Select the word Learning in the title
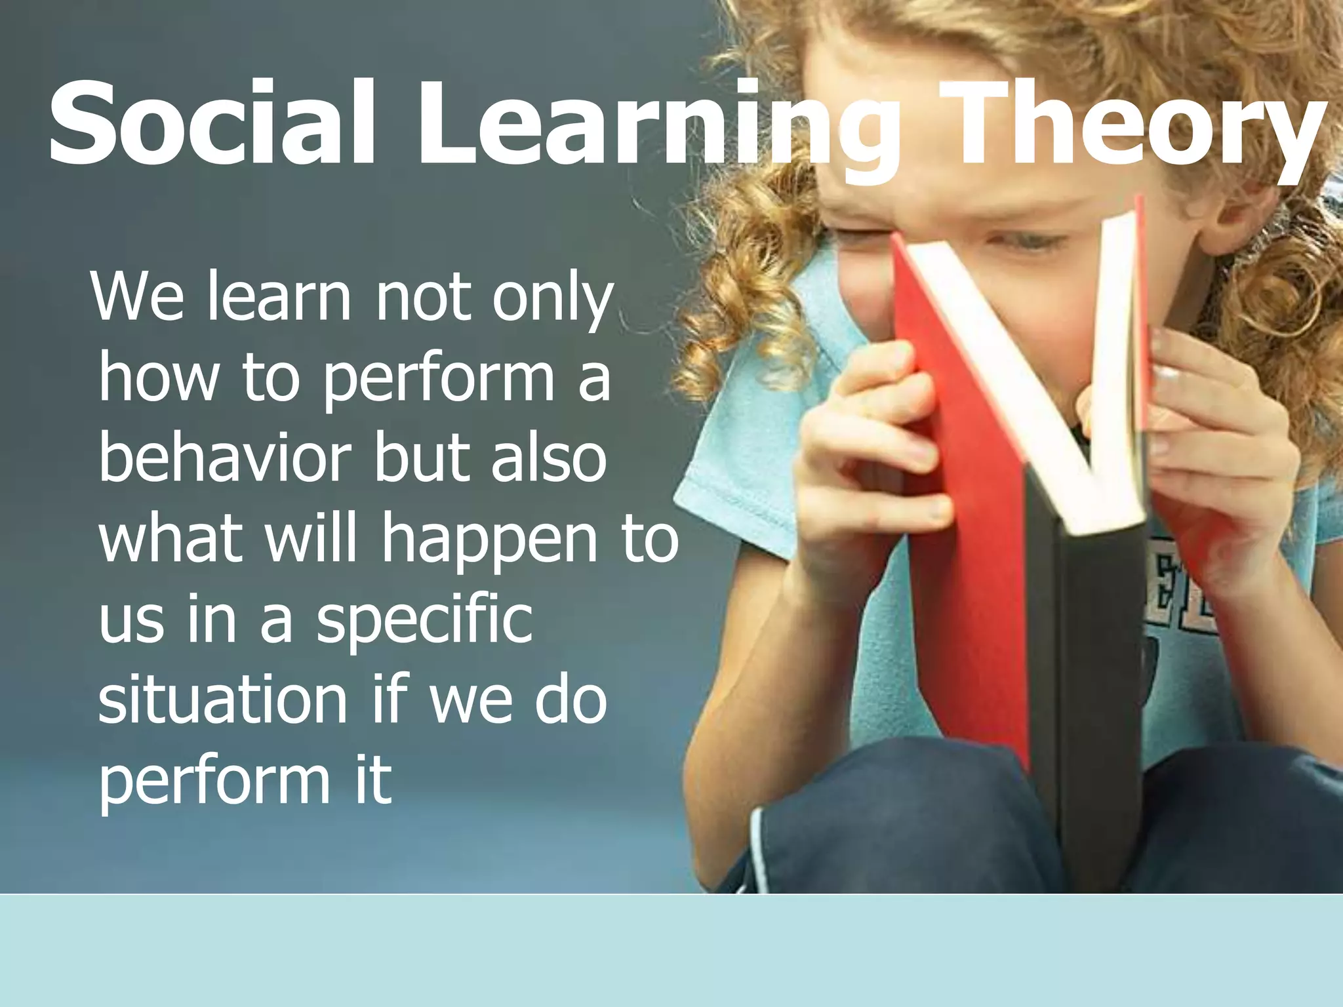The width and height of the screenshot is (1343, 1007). pos(656,128)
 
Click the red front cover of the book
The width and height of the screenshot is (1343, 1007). pos(964,524)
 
